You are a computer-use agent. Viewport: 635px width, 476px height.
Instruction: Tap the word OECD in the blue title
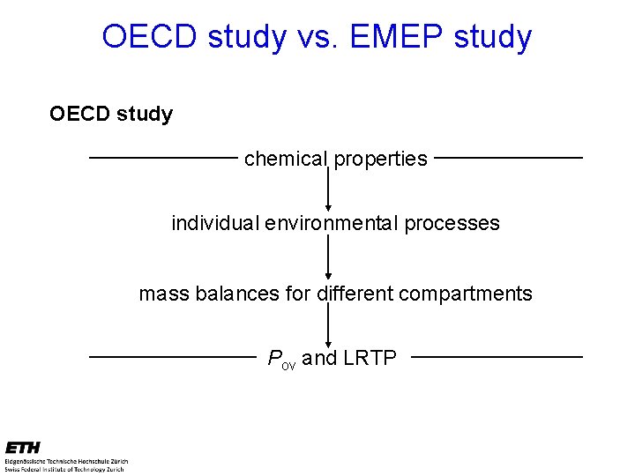point(149,37)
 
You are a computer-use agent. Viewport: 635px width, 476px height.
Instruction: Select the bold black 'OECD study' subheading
point(111,114)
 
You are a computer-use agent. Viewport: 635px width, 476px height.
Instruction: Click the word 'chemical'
point(285,159)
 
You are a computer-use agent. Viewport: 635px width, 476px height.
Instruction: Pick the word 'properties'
point(380,159)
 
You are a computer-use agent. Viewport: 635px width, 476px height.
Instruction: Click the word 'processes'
point(452,223)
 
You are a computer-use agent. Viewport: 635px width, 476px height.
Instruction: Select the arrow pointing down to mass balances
point(328,257)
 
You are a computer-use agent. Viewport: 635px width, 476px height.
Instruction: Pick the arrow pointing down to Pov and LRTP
point(328,326)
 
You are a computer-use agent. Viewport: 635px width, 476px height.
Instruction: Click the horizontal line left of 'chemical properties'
point(163,158)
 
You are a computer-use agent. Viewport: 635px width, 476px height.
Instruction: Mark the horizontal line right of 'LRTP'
point(497,357)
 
